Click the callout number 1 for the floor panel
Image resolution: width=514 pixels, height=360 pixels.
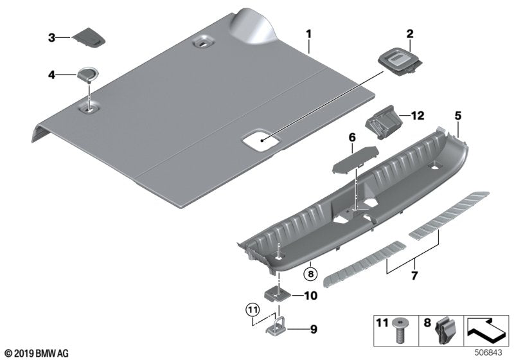pyautogui.click(x=308, y=33)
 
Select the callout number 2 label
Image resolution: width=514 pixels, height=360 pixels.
pyautogui.click(x=409, y=33)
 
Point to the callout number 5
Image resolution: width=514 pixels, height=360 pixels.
pyautogui.click(x=457, y=116)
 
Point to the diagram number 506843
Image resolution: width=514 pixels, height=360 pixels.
pyautogui.click(x=490, y=353)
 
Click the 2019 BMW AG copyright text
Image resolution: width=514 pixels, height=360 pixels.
pyautogui.click(x=35, y=353)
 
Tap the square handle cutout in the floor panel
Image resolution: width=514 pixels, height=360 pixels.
pyautogui.click(x=259, y=141)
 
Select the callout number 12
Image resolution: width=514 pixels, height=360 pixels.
pyautogui.click(x=418, y=116)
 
